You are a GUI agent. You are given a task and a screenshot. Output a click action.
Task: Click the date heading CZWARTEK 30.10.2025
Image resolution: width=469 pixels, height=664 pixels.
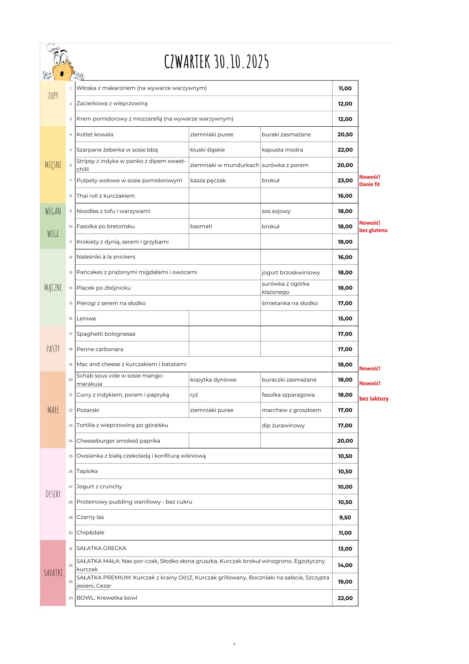coord(216,62)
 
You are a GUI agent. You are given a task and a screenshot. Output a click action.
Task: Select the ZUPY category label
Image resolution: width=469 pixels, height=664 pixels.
coord(53,95)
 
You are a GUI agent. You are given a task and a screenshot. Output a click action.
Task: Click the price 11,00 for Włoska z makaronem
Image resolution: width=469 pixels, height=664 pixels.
coord(345,88)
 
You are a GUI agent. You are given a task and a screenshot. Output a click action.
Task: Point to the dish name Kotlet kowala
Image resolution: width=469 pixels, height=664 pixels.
coord(95,135)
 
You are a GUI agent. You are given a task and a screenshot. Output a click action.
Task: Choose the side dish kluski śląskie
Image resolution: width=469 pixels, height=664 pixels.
coord(207,150)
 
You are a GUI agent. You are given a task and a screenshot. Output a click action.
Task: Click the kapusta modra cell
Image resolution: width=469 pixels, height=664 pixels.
coord(282,150)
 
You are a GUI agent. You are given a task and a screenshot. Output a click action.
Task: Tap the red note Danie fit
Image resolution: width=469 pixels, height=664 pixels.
coord(369,184)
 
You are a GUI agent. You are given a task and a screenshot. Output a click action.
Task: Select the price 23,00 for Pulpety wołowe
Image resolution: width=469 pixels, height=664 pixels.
coord(345,180)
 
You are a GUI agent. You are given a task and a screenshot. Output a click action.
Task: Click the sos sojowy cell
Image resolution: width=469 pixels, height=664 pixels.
coord(276,211)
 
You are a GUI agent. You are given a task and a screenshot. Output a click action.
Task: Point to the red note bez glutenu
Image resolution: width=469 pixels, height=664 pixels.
coord(373,230)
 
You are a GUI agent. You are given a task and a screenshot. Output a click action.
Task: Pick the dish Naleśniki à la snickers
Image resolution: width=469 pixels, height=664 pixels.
coord(106,257)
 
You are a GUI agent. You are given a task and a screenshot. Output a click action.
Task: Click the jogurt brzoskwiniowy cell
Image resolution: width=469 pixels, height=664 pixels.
coord(291,272)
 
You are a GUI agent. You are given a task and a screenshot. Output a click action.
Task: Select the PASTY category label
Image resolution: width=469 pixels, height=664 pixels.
coord(53,349)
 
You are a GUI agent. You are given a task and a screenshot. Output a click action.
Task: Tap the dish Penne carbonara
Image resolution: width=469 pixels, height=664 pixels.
coord(100,349)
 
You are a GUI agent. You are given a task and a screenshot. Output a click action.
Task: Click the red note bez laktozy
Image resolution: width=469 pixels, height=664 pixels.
coord(374,398)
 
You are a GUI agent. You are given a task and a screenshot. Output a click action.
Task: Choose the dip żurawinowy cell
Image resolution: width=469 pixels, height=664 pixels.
coord(283,425)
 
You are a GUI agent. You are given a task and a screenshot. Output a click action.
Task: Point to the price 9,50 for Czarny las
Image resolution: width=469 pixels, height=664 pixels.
coord(345,517)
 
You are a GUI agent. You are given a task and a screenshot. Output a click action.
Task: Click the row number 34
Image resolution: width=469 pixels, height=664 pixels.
coord(71,598)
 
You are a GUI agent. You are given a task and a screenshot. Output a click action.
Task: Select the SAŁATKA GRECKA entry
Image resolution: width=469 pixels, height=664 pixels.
coord(101,548)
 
